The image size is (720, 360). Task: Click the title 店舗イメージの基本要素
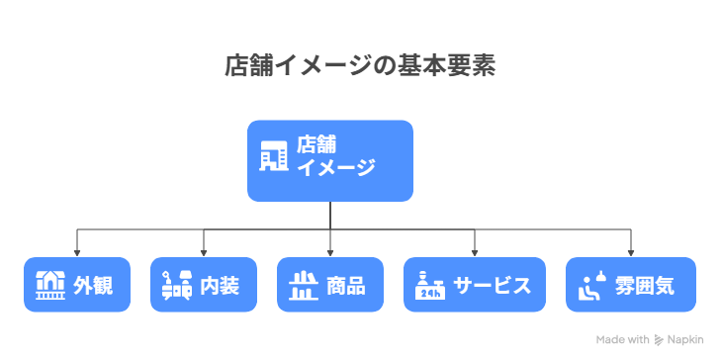pyautogui.click(x=359, y=66)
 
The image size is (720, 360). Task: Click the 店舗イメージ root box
pyautogui.click(x=329, y=160)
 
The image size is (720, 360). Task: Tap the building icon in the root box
pyautogui.click(x=273, y=154)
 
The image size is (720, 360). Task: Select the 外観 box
pyautogui.click(x=77, y=285)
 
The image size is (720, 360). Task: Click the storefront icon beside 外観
pyautogui.click(x=49, y=285)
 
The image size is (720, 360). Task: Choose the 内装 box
pyautogui.click(x=204, y=285)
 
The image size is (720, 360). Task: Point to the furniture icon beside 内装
pyautogui.click(x=176, y=285)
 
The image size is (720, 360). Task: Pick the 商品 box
pyautogui.click(x=329, y=285)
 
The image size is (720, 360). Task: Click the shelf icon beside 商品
pyautogui.click(x=302, y=285)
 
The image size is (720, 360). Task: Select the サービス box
pyautogui.click(x=475, y=285)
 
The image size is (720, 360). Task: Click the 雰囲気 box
pyautogui.click(x=630, y=285)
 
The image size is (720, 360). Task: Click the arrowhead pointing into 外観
pyautogui.click(x=77, y=252)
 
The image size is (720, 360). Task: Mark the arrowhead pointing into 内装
pyautogui.click(x=204, y=252)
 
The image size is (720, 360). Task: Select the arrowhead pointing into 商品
pyautogui.click(x=329, y=252)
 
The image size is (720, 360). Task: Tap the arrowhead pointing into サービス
pyautogui.click(x=475, y=252)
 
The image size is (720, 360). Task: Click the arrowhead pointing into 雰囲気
pyautogui.click(x=630, y=252)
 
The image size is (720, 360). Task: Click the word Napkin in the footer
pyautogui.click(x=688, y=339)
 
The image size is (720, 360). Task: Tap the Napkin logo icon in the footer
pyautogui.click(x=659, y=339)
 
